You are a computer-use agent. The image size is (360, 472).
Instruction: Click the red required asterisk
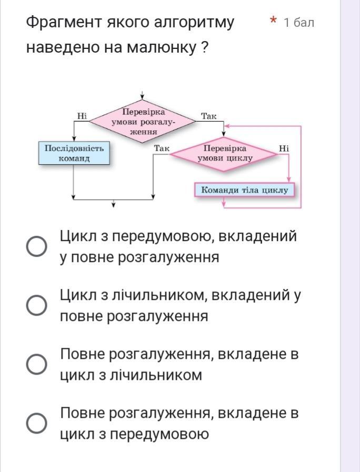(273, 21)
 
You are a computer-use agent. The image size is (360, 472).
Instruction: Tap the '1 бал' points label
(298, 22)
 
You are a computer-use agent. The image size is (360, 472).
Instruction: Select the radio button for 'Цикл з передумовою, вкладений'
(37, 246)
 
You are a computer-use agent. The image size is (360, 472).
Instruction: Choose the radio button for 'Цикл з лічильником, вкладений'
(37, 305)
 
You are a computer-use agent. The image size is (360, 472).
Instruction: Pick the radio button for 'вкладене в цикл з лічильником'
(37, 364)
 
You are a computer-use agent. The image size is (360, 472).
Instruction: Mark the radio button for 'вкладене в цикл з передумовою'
(37, 423)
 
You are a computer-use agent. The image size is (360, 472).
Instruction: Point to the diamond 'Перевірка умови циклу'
(225, 153)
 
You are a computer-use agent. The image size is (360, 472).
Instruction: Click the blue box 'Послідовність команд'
(74, 153)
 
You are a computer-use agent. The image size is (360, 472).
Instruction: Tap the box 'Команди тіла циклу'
(244, 190)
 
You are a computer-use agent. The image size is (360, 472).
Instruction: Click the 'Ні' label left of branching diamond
(82, 116)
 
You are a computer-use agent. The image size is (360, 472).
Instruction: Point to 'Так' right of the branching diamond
(209, 116)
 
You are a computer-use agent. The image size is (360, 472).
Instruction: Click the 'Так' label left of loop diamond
(162, 148)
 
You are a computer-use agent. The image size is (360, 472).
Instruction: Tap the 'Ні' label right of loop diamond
(284, 148)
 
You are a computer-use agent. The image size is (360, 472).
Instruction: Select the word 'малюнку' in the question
(160, 47)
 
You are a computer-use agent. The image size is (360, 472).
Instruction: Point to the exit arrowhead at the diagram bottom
(113, 204)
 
